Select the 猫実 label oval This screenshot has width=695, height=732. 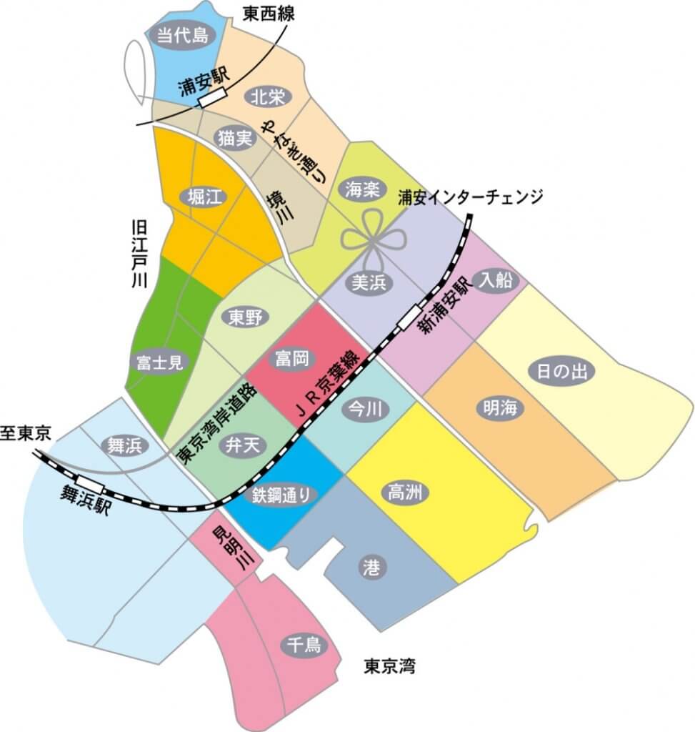[x=235, y=139]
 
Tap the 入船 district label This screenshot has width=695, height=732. [x=496, y=281]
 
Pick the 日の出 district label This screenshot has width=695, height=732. [x=561, y=371]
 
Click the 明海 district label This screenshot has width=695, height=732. [x=499, y=409]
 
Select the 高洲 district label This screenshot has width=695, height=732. [x=405, y=493]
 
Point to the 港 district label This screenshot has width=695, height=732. [x=371, y=568]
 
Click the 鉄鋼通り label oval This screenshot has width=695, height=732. [x=281, y=494]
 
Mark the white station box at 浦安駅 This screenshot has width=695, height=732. [x=211, y=98]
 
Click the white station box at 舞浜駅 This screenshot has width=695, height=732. [x=91, y=486]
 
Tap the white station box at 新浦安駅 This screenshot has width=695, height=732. [x=409, y=317]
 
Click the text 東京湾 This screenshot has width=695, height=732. [x=389, y=668]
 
